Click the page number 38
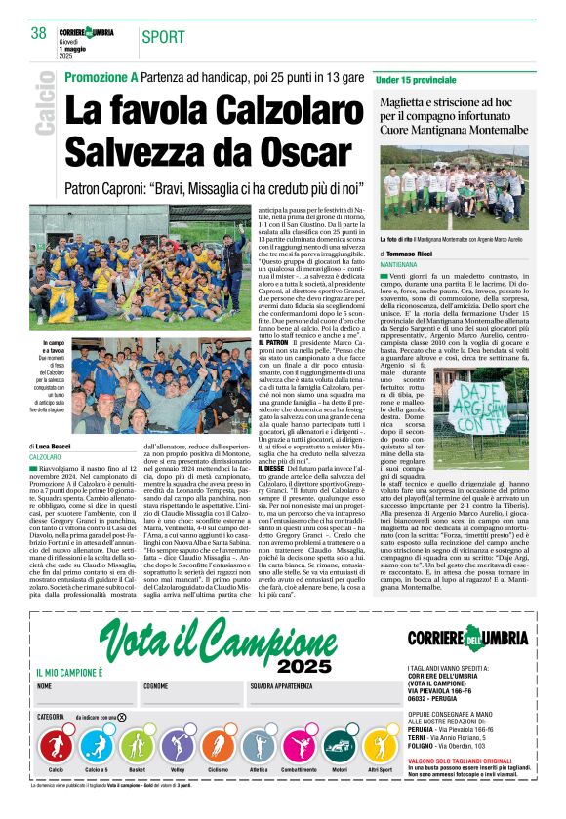(39, 33)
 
